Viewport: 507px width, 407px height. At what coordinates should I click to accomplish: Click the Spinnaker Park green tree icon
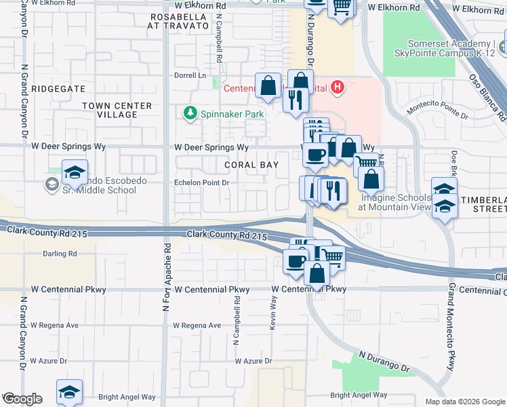coord(191,113)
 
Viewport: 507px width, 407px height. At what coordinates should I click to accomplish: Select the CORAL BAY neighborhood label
coord(251,165)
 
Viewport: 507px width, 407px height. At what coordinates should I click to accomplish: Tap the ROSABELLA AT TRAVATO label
coord(178,20)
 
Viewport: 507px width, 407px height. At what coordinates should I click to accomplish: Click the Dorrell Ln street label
coord(190,75)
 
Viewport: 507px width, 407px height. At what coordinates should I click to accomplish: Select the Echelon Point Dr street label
coord(203,182)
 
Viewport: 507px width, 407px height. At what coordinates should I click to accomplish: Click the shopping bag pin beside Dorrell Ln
coord(268,86)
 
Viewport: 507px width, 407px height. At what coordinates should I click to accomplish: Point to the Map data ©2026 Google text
coord(464,401)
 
